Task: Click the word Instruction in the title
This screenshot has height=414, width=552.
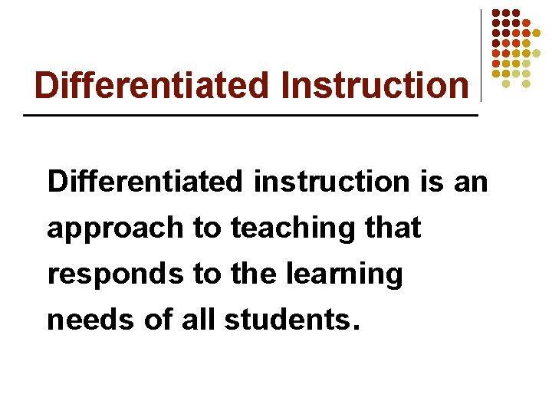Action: pos(375,85)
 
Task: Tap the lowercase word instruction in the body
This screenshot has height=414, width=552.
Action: pos(330,182)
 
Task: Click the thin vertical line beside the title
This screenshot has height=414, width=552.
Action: pos(481,55)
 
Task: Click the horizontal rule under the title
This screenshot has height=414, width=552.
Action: pos(251,115)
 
